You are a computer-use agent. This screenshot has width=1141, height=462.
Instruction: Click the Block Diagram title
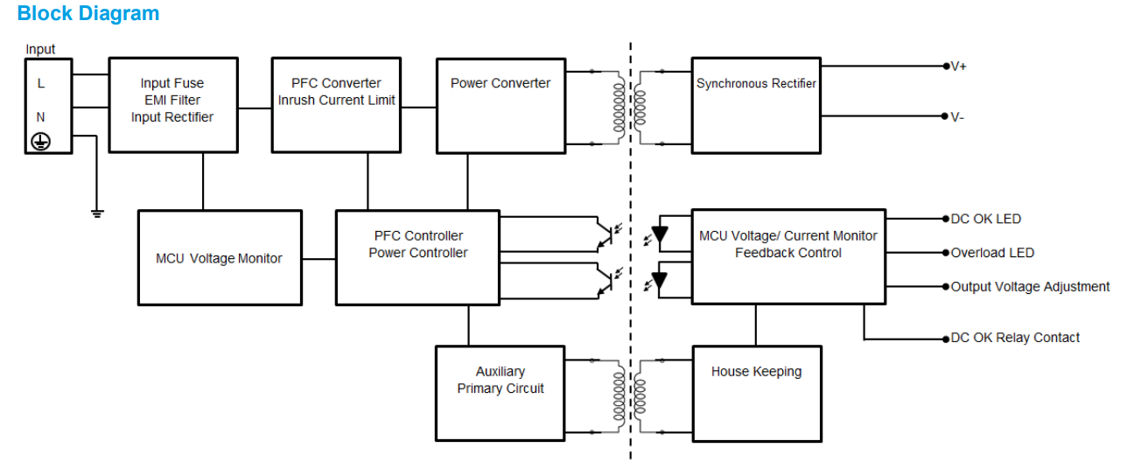(88, 14)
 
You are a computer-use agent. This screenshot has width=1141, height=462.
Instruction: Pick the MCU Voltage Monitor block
(220, 257)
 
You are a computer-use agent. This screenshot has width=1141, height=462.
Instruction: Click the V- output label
(958, 117)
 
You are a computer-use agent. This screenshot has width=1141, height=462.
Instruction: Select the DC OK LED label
(986, 220)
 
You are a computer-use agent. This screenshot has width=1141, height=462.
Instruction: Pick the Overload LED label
(992, 254)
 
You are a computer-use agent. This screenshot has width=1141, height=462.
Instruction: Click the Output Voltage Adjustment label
(1030, 287)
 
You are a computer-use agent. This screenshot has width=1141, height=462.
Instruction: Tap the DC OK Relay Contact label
(1015, 338)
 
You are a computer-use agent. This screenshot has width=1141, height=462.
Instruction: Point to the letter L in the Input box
(40, 84)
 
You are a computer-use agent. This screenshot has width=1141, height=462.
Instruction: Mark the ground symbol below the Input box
(97, 213)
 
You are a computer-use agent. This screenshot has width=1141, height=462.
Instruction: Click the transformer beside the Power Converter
(630, 108)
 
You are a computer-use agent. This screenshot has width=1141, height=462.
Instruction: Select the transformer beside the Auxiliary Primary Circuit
(630, 395)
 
